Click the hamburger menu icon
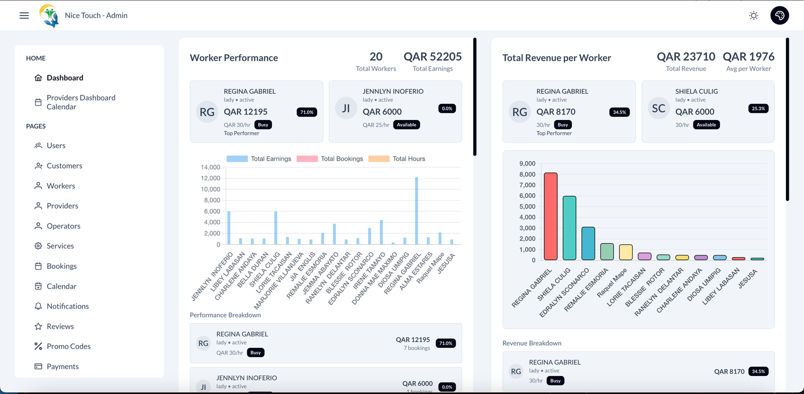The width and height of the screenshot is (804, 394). pos(24,16)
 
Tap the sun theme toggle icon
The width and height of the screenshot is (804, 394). pos(753,16)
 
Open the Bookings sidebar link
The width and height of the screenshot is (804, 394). pos(61,266)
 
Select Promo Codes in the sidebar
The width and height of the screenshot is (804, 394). pos(68,346)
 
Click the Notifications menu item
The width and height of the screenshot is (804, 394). pos(67,306)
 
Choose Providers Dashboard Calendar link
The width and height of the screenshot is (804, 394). pos(80,102)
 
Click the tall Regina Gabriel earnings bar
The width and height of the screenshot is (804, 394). pos(417,211)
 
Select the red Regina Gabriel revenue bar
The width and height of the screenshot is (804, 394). pos(551,216)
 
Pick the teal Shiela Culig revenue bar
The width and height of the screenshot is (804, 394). pos(569,228)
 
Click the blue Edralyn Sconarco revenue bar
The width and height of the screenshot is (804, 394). pos(588,243)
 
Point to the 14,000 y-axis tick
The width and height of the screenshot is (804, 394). pos(211,167)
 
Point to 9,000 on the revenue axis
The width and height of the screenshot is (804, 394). pos(527,164)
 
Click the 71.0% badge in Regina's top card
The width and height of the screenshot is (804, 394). pos(307,112)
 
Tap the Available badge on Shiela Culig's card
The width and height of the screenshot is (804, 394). pos(706,125)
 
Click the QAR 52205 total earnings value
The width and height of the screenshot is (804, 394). pos(433,57)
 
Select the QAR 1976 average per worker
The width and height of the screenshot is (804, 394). pos(748,57)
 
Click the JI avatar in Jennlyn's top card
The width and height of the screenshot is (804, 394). pos(346,108)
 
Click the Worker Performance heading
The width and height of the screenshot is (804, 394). pos(234,58)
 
